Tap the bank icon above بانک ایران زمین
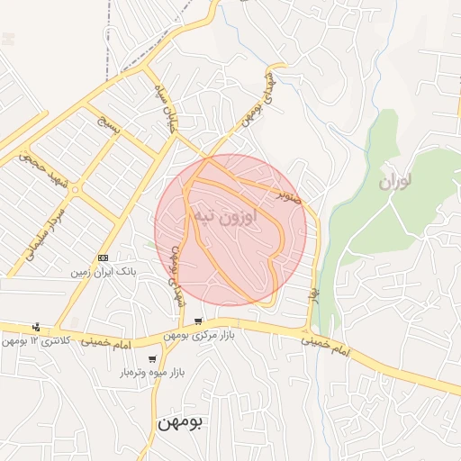(103, 258)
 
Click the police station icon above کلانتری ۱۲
(36, 327)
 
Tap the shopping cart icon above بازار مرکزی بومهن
(198, 321)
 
